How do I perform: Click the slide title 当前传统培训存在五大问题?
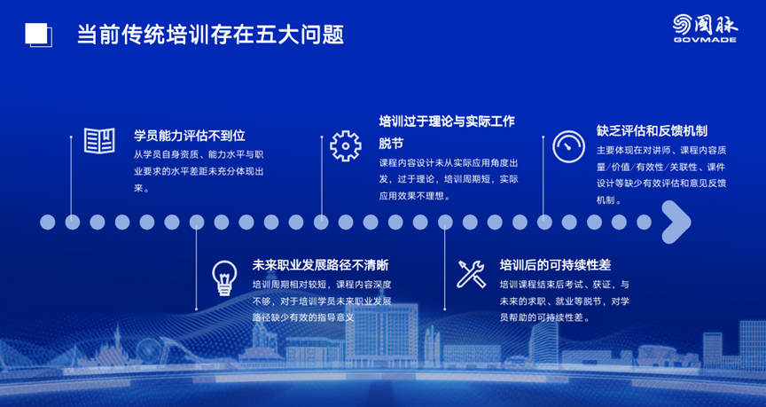[210, 35]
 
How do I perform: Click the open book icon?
[99, 141]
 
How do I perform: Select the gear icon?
[346, 146]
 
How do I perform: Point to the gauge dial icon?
[568, 146]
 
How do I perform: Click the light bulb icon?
[224, 278]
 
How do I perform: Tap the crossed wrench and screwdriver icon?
[472, 274]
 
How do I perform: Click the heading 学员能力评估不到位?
[190, 135]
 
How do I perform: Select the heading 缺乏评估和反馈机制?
[653, 130]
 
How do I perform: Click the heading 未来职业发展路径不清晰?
[320, 265]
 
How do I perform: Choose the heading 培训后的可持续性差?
[556, 265]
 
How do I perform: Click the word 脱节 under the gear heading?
[391, 145]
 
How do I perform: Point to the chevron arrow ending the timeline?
[676, 223]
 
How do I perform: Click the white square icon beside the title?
[37, 35]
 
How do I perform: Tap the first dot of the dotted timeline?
[47, 223]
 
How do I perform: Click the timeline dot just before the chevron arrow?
[644, 223]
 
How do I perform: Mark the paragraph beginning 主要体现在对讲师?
[661, 175]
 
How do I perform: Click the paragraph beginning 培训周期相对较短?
[322, 301]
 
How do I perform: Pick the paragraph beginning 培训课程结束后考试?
[564, 301]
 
